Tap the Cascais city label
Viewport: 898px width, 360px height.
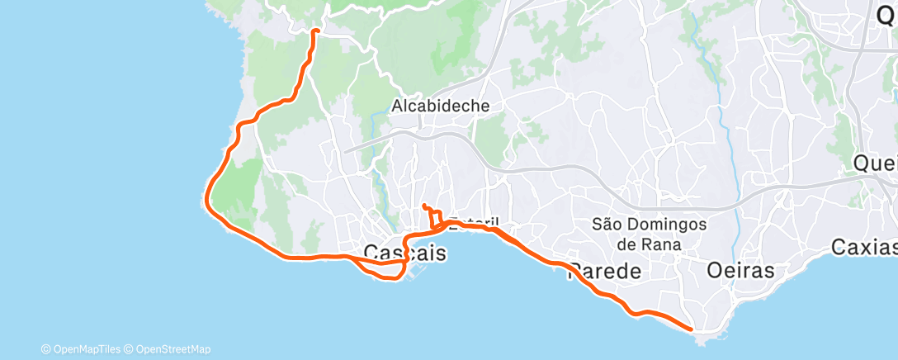405,253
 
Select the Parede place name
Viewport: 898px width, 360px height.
605,271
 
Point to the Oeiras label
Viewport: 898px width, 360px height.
741,271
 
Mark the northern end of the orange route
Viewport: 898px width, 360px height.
315,31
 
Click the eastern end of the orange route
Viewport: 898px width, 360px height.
691,329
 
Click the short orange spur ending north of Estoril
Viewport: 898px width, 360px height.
424,206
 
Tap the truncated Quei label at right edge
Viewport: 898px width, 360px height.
876,163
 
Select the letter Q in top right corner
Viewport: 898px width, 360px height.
888,13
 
